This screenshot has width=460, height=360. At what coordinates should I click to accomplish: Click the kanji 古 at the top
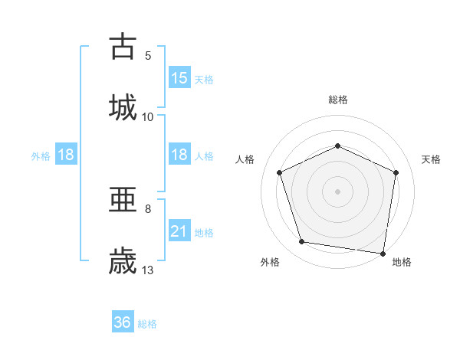123,47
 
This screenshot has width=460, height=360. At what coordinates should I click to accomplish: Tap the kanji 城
123,106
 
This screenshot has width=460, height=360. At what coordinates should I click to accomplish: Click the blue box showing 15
179,78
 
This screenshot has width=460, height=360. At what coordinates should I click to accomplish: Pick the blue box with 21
179,231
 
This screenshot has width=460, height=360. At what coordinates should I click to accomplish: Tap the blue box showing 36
123,322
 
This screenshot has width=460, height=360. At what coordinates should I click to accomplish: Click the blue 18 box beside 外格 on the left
66,155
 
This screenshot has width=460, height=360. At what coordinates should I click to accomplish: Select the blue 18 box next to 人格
179,155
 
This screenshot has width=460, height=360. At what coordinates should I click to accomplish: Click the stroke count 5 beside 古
148,55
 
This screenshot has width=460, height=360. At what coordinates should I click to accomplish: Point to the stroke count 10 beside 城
148,116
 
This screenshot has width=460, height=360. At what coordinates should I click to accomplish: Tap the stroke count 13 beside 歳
148,270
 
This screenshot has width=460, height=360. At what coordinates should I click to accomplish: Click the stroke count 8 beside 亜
148,208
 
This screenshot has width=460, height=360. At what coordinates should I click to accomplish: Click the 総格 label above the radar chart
338,100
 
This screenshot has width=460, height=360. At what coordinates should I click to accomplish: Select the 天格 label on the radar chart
431,159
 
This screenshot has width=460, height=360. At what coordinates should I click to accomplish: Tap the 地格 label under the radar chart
402,263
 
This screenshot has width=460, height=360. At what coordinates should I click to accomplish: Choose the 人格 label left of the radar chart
245,159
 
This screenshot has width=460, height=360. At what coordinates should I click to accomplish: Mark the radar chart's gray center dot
338,191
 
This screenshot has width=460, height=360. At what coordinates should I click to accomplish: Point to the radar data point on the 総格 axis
338,146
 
